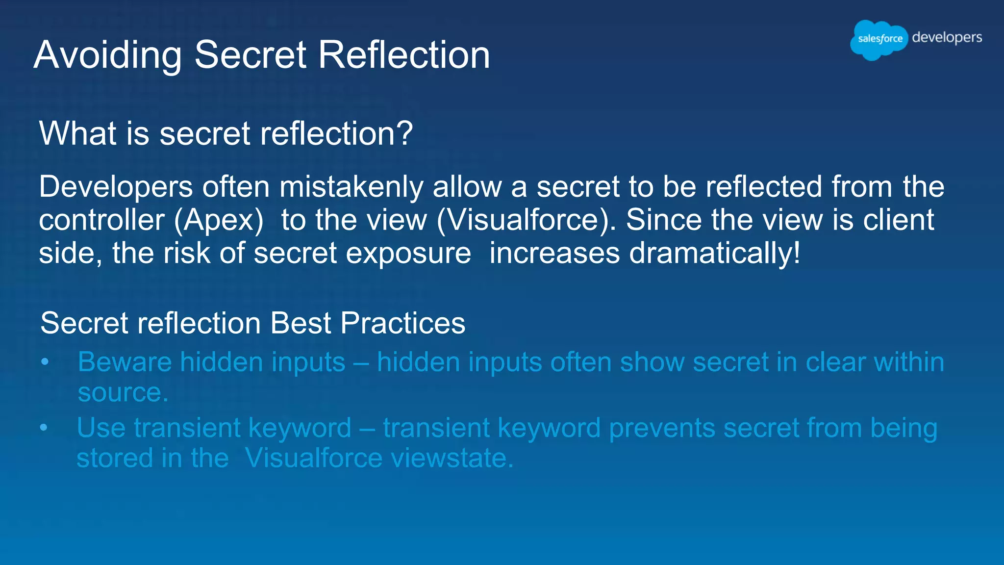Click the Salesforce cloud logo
tap(879, 39)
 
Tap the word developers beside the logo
tap(947, 37)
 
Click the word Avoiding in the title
tap(108, 55)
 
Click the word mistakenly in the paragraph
tap(351, 187)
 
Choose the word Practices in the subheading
tap(402, 323)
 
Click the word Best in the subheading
tap(301, 323)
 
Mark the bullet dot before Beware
tap(45, 362)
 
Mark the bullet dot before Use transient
tap(44, 428)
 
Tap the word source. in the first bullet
tap(123, 393)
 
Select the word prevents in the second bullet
tap(662, 428)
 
